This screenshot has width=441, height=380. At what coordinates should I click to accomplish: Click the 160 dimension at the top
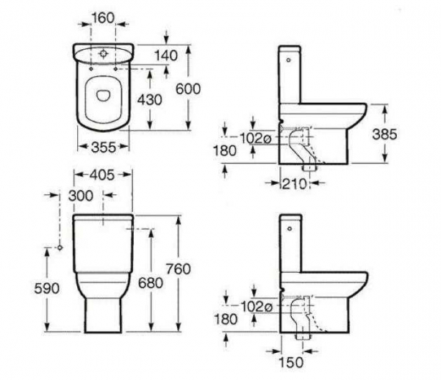pos(103,18)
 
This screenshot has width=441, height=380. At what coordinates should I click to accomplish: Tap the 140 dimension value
pos(166,56)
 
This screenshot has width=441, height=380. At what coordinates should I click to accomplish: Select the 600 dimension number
pos(188,89)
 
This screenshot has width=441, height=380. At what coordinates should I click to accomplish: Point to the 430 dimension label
pos(150,100)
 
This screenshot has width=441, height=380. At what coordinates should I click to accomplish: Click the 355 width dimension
pos(104,147)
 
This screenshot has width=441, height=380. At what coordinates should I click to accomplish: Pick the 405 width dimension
pos(102,175)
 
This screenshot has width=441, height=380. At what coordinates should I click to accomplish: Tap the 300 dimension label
pos(81,196)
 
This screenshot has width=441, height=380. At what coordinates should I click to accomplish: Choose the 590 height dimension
pos(47,288)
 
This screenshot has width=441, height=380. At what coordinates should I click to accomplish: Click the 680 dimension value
pos(151,283)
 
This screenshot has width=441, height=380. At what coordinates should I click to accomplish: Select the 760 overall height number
pos(179,269)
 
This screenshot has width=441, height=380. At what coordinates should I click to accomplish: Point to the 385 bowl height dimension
pos(384,134)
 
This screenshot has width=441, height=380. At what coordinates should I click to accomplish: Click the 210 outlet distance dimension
pos(294,184)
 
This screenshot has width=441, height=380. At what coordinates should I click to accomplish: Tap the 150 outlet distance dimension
pos(291,362)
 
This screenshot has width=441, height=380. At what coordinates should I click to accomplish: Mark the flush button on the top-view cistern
pos(104,54)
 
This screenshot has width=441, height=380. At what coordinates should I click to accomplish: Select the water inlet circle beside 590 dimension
pos(60,247)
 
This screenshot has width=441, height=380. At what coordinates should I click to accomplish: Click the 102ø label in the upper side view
pos(255,139)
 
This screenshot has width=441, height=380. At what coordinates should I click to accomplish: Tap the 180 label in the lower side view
pos(226,319)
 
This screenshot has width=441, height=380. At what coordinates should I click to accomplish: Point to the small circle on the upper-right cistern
pos(288,59)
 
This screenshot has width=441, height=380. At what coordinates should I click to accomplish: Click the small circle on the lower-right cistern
pos(290,229)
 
